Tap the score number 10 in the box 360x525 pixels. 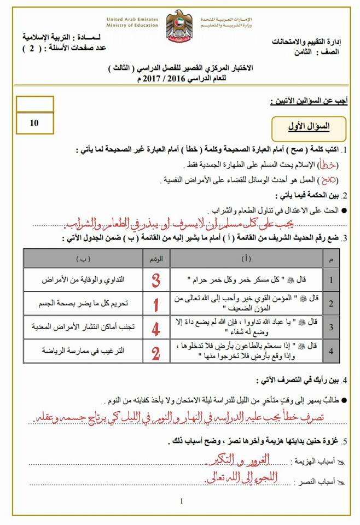click(34, 122)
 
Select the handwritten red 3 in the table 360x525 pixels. click(156, 280)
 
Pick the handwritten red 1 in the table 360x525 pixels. click(156, 304)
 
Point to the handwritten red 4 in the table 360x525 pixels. click(156, 328)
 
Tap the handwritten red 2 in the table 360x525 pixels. click(156, 353)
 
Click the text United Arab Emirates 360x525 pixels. click(133, 18)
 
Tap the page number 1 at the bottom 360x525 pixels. click(181, 501)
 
